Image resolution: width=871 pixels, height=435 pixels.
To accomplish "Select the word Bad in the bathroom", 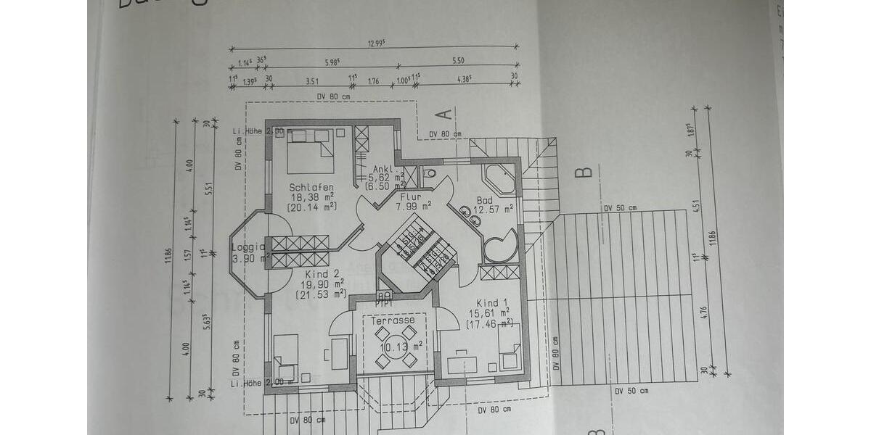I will [485, 201].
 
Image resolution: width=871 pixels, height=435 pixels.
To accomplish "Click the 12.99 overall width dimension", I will [375, 43].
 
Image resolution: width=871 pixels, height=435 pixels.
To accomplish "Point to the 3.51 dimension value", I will [313, 80].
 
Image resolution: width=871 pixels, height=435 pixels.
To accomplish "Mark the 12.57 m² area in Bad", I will [494, 210].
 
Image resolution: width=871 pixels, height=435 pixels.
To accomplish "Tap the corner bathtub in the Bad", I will [499, 178].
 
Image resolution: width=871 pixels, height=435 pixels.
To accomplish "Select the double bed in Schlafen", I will [310, 151].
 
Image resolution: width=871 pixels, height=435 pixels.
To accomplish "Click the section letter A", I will [445, 113].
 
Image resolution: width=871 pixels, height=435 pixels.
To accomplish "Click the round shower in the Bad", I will [501, 245].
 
